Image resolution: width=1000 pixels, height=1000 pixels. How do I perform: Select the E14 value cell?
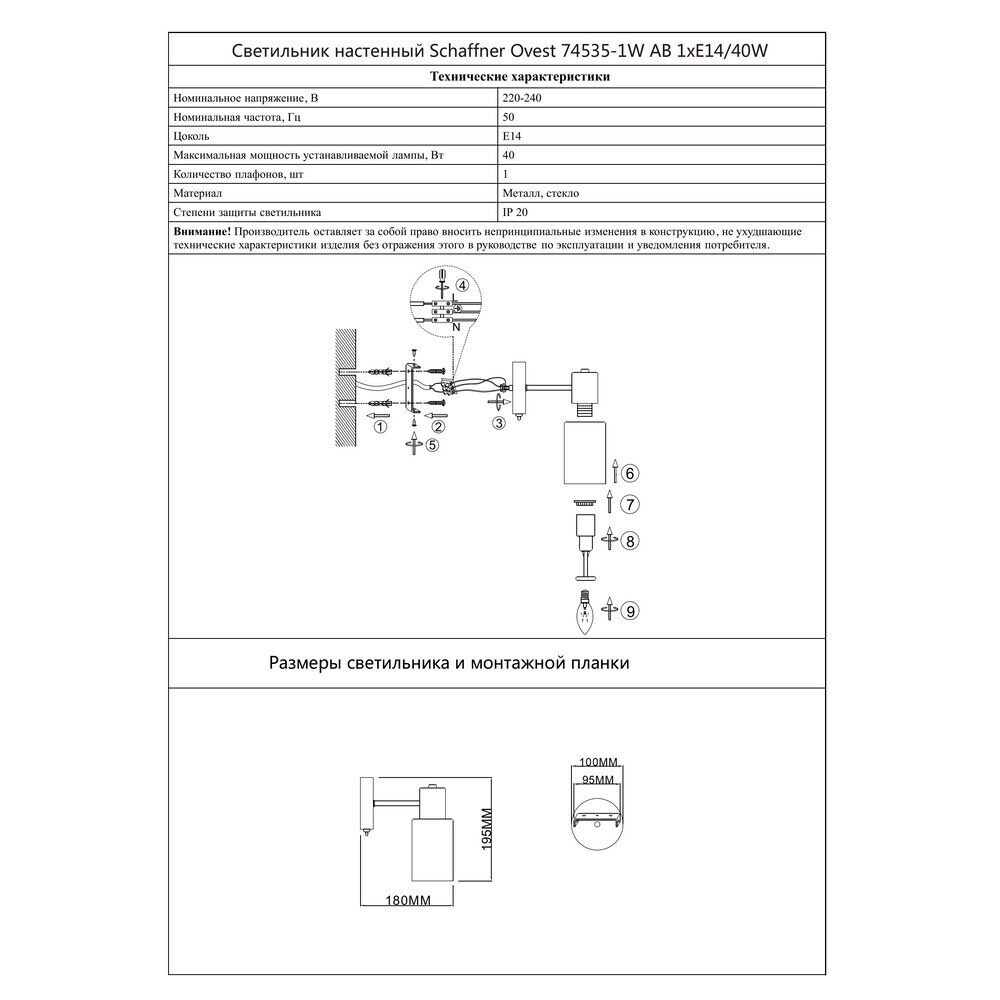pos(510,136)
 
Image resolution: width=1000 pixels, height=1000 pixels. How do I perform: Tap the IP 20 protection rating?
pos(514,213)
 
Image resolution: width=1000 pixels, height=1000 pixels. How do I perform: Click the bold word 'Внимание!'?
pos(203,231)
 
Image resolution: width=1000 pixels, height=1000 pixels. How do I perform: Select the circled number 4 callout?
pos(461,285)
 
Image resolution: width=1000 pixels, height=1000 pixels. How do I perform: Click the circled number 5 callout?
pos(431,446)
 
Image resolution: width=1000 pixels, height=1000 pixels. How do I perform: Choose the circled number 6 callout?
pos(630,472)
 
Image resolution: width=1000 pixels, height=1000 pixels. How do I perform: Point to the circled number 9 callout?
pos(629,609)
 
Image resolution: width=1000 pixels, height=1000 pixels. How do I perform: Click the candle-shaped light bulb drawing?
pos(583,612)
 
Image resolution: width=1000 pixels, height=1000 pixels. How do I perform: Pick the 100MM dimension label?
pos(598,761)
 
